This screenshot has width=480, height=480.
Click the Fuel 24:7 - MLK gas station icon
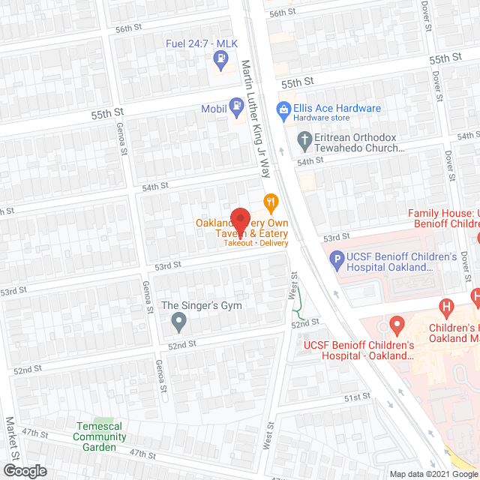pos(221,57)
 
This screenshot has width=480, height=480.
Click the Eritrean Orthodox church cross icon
pos(304,139)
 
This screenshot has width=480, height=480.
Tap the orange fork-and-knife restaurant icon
pos(271,201)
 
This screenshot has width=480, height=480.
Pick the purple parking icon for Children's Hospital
pos(337,262)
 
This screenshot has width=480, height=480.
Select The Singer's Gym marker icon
pos(178,322)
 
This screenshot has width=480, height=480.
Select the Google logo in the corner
pos(25,470)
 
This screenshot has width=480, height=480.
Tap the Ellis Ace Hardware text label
pos(337,109)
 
